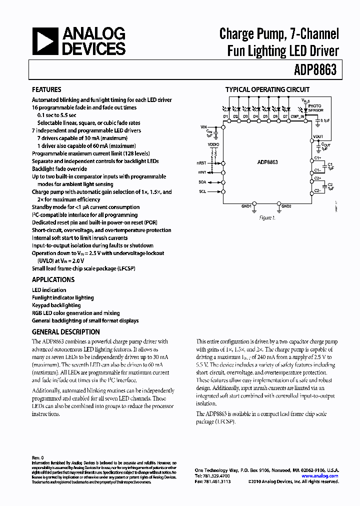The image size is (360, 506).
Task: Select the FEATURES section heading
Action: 46,89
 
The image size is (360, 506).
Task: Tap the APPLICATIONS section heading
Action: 53,279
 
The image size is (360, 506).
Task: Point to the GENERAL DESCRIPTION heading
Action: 65,331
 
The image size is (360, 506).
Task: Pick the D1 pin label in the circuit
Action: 225,116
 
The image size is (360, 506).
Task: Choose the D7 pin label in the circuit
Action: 285,116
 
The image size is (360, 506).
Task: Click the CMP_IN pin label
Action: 298,116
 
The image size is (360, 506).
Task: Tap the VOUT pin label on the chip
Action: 317,136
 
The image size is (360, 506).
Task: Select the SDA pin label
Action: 202,182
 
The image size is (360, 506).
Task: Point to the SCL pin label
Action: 202,191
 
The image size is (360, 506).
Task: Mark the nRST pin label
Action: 201,162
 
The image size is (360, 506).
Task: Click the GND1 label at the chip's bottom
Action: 246,206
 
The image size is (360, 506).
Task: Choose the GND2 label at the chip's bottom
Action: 286,206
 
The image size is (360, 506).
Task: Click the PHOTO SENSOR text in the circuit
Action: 315,107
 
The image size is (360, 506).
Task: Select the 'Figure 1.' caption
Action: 267,218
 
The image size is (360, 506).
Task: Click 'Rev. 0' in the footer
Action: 38,457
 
